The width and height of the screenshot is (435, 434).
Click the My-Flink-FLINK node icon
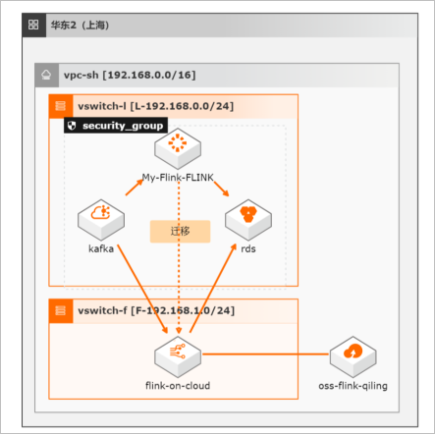pyautogui.click(x=178, y=148)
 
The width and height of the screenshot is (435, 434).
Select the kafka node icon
pyautogui.click(x=101, y=219)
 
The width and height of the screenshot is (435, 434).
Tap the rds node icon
pyautogui.click(x=248, y=219)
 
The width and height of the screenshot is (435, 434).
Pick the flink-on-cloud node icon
pyautogui.click(x=178, y=356)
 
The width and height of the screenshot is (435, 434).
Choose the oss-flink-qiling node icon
pyautogui.click(x=353, y=356)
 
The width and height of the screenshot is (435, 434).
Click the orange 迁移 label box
pyautogui.click(x=180, y=232)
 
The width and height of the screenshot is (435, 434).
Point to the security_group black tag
pyautogui.click(x=116, y=126)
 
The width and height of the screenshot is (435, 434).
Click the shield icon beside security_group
pyautogui.click(x=72, y=126)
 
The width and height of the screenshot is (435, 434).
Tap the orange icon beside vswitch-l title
pyautogui.click(x=61, y=106)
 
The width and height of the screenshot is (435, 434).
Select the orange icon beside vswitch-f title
pyautogui.click(x=61, y=310)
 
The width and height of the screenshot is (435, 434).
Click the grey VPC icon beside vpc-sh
pyautogui.click(x=46, y=75)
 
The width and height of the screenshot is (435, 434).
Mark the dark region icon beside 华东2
pyautogui.click(x=33, y=25)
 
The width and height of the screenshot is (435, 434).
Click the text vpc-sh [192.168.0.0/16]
pyautogui.click(x=130, y=75)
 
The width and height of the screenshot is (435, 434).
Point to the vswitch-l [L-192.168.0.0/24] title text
pyautogui.click(x=156, y=106)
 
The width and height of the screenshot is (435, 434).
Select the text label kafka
pyautogui.click(x=101, y=248)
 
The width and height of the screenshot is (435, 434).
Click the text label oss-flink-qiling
pyautogui.click(x=353, y=386)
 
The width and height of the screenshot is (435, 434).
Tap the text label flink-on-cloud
pyautogui.click(x=178, y=386)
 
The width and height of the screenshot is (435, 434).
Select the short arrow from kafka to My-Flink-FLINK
pyautogui.click(x=135, y=188)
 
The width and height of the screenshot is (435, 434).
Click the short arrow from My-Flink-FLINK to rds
pyautogui.click(x=221, y=189)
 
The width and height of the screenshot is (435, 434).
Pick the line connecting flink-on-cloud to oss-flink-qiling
pyautogui.click(x=265, y=354)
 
